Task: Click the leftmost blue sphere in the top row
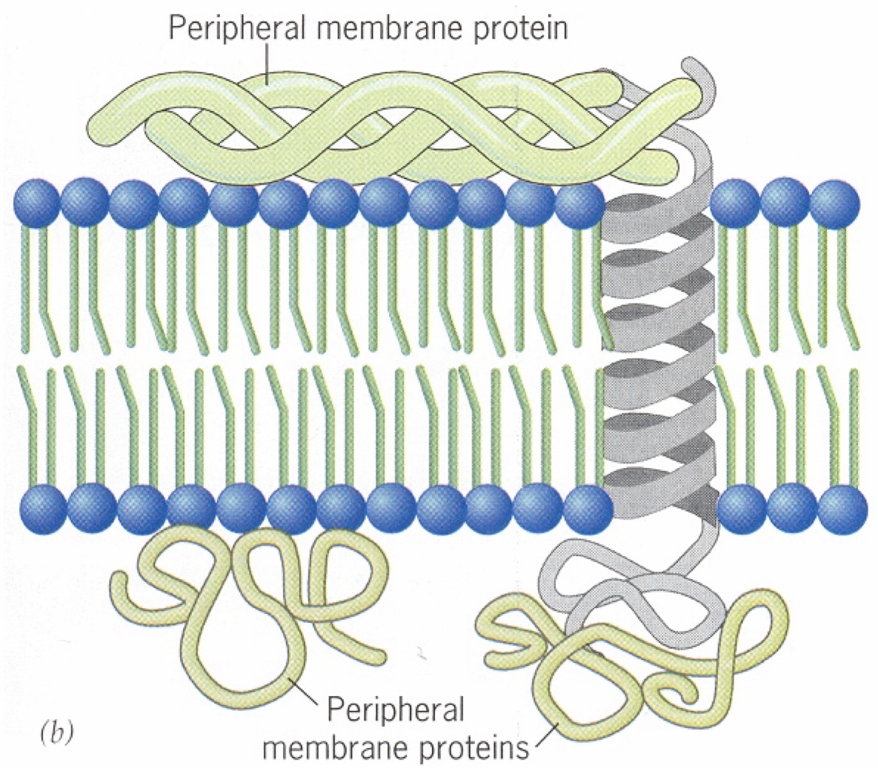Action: coord(36,203)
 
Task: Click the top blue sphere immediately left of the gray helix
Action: coord(579,204)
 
